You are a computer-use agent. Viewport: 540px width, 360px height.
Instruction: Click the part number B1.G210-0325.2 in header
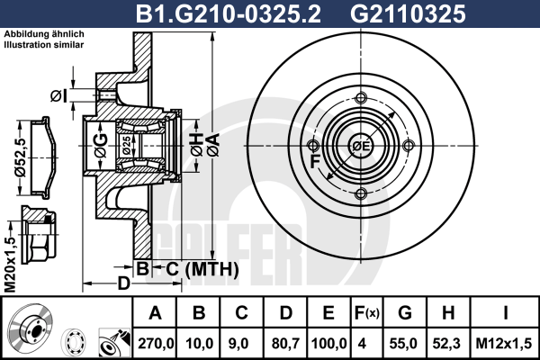(x=229, y=14)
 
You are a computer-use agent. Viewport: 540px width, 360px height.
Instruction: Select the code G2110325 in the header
(x=408, y=14)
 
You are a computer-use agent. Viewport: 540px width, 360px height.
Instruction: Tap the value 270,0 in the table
(x=156, y=344)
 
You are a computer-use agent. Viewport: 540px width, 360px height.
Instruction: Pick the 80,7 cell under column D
(x=285, y=344)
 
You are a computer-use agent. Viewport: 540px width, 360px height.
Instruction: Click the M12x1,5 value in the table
(x=503, y=344)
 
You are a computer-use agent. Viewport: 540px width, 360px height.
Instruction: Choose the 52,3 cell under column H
(x=447, y=344)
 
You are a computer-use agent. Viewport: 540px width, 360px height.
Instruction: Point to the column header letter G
(x=405, y=313)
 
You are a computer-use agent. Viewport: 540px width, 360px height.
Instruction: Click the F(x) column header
(x=367, y=313)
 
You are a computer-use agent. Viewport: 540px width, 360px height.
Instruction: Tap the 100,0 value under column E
(x=328, y=344)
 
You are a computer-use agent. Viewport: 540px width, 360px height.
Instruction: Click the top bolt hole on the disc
(x=361, y=98)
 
